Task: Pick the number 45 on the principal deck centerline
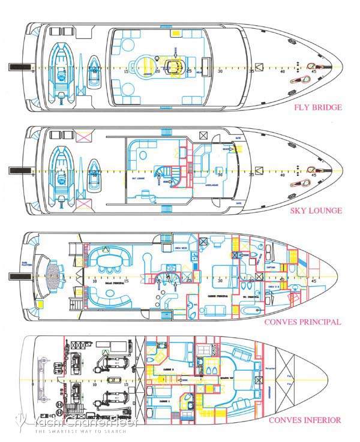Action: pos(315,281)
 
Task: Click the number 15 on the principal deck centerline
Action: pos(127,281)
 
